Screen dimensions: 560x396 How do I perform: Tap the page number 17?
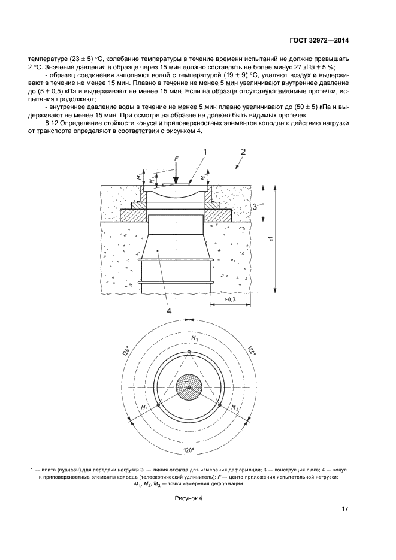click(x=345, y=509)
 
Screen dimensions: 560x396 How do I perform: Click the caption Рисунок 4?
click(x=189, y=498)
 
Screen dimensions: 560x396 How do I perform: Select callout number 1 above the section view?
click(x=204, y=153)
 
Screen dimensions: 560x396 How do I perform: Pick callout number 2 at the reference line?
click(x=243, y=152)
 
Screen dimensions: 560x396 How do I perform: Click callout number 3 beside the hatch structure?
click(x=256, y=207)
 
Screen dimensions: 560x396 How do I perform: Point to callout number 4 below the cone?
click(x=169, y=310)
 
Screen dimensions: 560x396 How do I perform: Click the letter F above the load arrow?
click(x=176, y=158)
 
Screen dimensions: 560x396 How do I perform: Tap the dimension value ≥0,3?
click(x=231, y=299)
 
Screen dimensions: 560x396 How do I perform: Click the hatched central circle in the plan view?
click(x=189, y=388)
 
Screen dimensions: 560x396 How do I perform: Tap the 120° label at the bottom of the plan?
click(x=189, y=450)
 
